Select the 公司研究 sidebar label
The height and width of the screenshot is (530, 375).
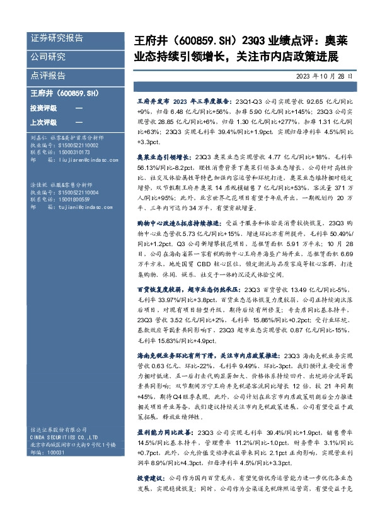point(48,57)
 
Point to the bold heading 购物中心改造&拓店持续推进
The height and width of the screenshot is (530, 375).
point(176,241)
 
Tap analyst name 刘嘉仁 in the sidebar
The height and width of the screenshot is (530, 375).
point(39,137)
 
